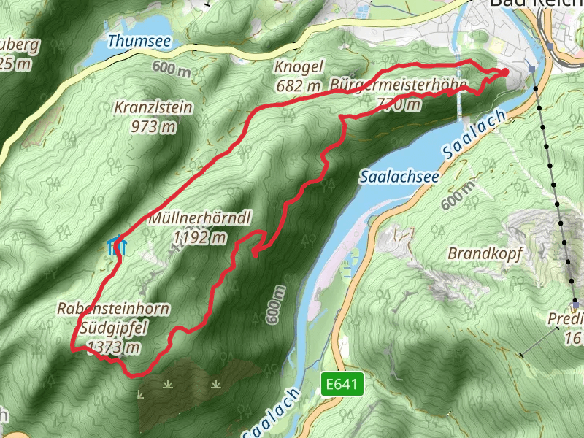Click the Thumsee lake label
click(139, 41)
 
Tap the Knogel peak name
click(299, 67)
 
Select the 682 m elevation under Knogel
click(299, 85)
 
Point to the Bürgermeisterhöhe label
click(398, 85)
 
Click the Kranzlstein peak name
click(153, 108)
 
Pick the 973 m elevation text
click(153, 126)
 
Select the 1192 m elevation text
click(199, 237)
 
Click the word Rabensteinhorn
click(113, 310)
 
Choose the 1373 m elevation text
click(113, 347)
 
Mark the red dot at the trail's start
click(504, 72)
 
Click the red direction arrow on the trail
click(257, 253)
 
